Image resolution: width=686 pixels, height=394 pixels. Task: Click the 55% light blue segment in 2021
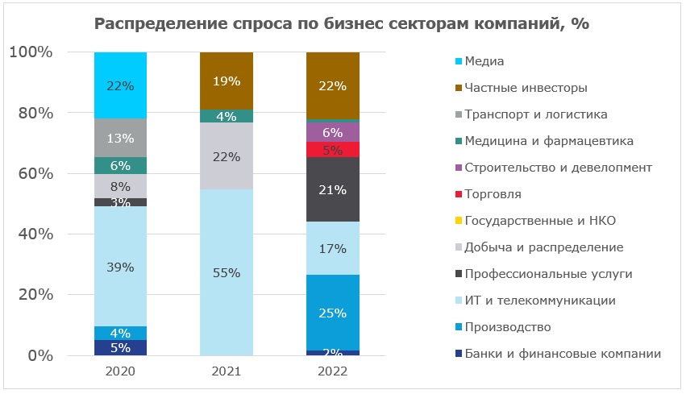coord(226,272)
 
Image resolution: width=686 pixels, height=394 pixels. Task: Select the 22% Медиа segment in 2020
coord(120,85)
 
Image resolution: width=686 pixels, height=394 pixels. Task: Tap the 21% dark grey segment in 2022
coord(333,190)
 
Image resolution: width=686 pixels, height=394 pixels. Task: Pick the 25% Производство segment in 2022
coord(333,313)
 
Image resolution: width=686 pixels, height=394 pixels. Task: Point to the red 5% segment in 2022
coord(333,149)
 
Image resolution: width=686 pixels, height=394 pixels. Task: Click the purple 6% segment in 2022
coord(333,132)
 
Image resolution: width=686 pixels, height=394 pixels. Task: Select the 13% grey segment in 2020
coord(120,138)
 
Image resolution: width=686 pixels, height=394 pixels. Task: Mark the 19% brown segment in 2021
coord(226,81)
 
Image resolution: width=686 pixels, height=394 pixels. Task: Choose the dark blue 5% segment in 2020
coord(120,347)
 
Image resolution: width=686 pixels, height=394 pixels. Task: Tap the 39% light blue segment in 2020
coord(120,266)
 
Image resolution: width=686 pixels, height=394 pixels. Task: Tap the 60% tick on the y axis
coord(31,174)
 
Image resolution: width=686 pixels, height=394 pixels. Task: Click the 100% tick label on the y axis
coord(31,52)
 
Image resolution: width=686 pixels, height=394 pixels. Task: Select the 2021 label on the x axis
coord(226,373)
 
